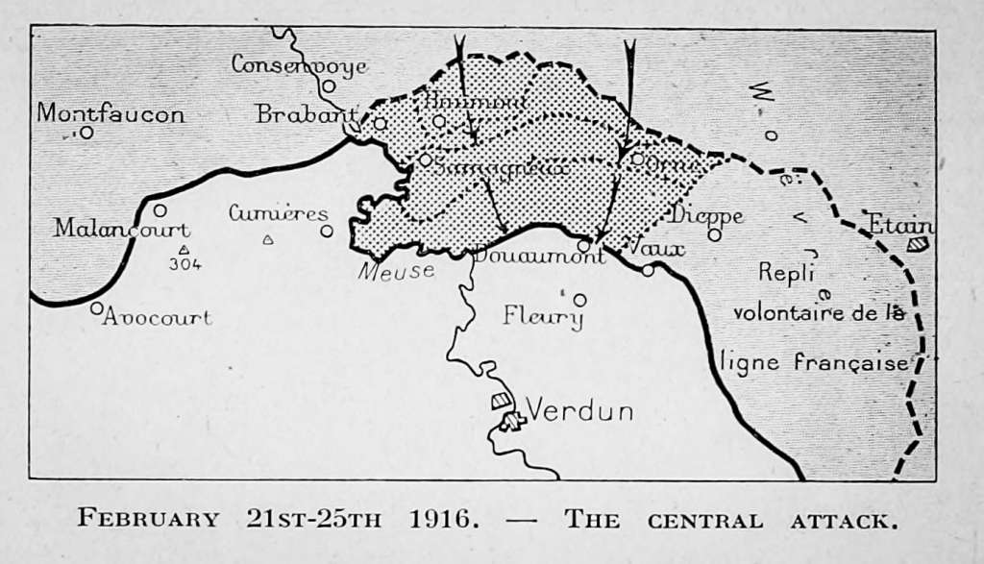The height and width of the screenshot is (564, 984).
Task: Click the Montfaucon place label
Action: [111, 113]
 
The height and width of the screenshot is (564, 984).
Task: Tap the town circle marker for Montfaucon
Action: [86, 133]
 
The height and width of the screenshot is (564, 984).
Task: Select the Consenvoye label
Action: [299, 65]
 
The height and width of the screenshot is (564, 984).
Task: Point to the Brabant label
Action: [300, 114]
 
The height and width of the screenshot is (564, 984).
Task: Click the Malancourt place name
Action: [121, 230]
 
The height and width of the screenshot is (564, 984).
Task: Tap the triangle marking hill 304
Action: [184, 250]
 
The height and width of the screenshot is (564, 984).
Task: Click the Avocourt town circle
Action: [97, 308]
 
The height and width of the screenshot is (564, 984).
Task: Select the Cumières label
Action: [278, 213]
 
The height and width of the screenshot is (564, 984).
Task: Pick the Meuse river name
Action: [396, 272]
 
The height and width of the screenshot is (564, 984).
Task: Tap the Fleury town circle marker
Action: [579, 300]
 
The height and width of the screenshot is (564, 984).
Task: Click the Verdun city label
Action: [580, 411]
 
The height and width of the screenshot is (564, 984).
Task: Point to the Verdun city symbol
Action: [508, 418]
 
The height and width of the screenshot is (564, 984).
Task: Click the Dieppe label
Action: [707, 215]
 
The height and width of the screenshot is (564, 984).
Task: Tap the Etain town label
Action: [900, 226]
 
